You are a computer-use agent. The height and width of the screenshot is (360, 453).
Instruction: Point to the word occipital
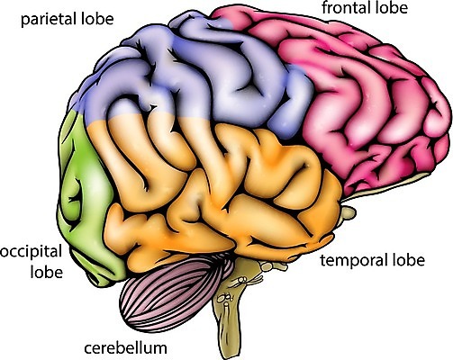(31, 253)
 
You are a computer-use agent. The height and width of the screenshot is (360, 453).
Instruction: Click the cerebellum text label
(125, 348)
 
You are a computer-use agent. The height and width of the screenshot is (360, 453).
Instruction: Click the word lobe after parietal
(97, 19)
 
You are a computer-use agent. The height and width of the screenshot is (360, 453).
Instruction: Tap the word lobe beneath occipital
(47, 272)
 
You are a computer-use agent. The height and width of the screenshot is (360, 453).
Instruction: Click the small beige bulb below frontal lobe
(349, 212)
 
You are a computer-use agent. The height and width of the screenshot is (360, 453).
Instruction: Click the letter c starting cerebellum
(88, 349)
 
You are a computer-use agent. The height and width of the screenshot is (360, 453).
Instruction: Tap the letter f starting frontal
(325, 7)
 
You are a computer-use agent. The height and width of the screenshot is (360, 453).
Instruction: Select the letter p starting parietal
(25, 22)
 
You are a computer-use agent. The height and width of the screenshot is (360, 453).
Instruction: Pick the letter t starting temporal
(323, 261)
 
